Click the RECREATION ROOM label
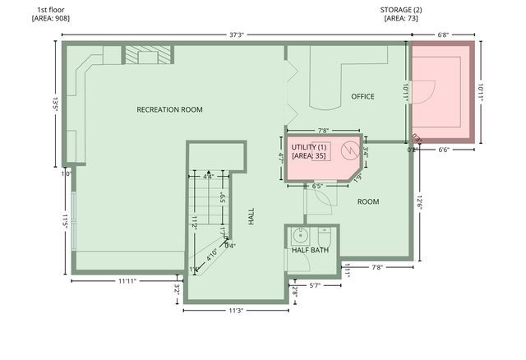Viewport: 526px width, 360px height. (x=169, y=109)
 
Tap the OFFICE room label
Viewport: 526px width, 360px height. (x=362, y=96)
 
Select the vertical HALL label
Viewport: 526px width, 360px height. (x=251, y=217)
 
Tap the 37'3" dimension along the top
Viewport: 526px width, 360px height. (x=237, y=35)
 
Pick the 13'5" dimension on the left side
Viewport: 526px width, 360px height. (x=55, y=104)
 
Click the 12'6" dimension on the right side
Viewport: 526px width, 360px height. (x=418, y=201)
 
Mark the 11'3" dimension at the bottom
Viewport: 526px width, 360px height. (x=236, y=311)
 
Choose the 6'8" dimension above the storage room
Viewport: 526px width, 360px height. (x=443, y=35)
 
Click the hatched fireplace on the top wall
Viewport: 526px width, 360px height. (x=149, y=54)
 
